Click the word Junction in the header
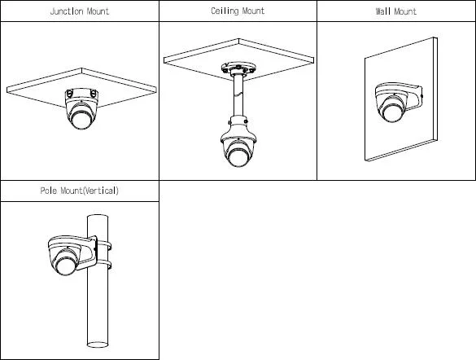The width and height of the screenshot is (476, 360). [67, 11]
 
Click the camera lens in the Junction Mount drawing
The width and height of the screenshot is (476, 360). [81, 119]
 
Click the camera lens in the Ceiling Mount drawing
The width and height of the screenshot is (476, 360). [238, 156]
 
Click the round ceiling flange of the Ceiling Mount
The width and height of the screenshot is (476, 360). [238, 68]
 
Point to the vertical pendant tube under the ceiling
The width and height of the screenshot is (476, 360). [238, 94]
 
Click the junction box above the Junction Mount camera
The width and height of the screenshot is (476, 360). [81, 94]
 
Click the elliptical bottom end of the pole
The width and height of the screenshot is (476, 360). [98, 345]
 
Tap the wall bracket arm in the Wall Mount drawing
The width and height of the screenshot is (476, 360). [413, 97]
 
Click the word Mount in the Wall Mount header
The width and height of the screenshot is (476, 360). [405, 11]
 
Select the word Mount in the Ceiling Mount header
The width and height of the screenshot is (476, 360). [253, 11]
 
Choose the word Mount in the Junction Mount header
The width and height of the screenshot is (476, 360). [98, 11]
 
